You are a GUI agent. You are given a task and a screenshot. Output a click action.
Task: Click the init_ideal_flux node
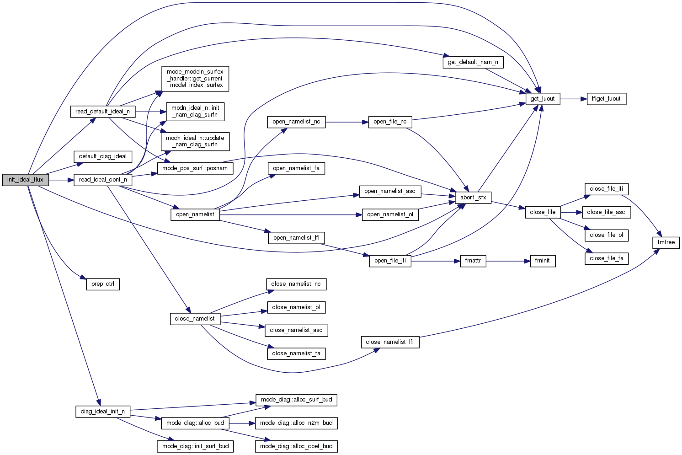pyautogui.click(x=25, y=180)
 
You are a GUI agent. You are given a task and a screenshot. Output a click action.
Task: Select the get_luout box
pyautogui.click(x=543, y=99)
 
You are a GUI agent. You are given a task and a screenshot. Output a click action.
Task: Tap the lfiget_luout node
pyautogui.click(x=606, y=99)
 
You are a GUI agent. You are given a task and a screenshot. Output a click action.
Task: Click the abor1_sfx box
pyautogui.click(x=473, y=198)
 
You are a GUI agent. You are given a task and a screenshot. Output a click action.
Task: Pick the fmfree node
pyautogui.click(x=666, y=242)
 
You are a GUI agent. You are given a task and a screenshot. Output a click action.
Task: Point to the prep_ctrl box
pyautogui.click(x=103, y=284)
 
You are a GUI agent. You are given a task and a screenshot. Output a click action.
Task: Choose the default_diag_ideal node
pyautogui.click(x=103, y=156)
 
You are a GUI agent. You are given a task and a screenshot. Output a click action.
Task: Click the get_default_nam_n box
pyautogui.click(x=473, y=62)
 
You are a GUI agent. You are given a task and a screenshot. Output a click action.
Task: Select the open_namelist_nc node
pyautogui.click(x=296, y=122)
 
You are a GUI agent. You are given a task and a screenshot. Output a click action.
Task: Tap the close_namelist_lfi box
pyautogui.click(x=390, y=342)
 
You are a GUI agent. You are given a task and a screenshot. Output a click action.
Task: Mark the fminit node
pyautogui.click(x=543, y=261)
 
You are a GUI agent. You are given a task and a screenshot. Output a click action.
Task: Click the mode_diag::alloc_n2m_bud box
pyautogui.click(x=296, y=423)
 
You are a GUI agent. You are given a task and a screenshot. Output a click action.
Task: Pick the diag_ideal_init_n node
pyautogui.click(x=103, y=412)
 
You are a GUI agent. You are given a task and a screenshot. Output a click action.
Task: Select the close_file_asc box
pyautogui.click(x=606, y=212)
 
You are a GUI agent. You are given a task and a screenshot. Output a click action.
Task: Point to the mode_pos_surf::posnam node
pyautogui.click(x=195, y=168)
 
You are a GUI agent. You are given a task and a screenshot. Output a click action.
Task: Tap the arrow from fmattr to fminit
pyautogui.click(x=507, y=261)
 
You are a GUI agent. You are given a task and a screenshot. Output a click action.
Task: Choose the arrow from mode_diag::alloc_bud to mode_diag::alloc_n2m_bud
pyautogui.click(x=242, y=423)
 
